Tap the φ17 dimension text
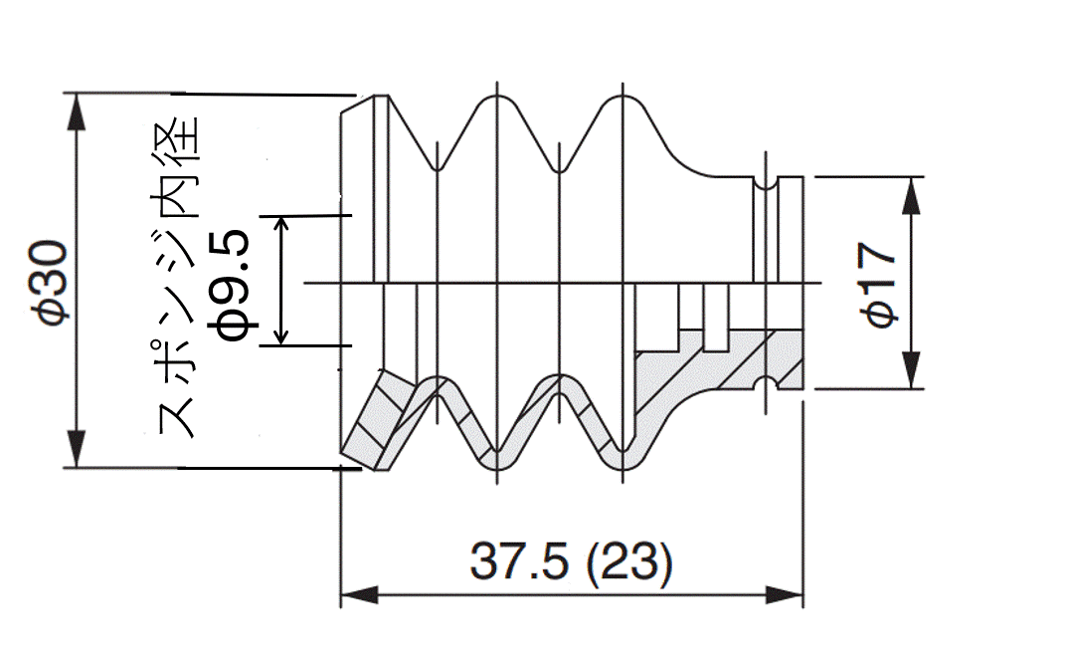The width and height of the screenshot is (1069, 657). pyautogui.click(x=878, y=285)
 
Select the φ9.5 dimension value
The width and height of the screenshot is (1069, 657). pyautogui.click(x=234, y=284)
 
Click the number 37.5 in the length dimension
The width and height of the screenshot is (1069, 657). pyautogui.click(x=519, y=561)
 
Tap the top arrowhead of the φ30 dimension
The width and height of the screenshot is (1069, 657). pyautogui.click(x=77, y=110)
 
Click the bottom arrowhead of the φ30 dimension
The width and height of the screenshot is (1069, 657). pyautogui.click(x=77, y=449)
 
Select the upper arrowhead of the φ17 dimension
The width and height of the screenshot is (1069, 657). pyautogui.click(x=912, y=195)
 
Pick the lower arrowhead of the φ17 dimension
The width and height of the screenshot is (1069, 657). pyautogui.click(x=912, y=370)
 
